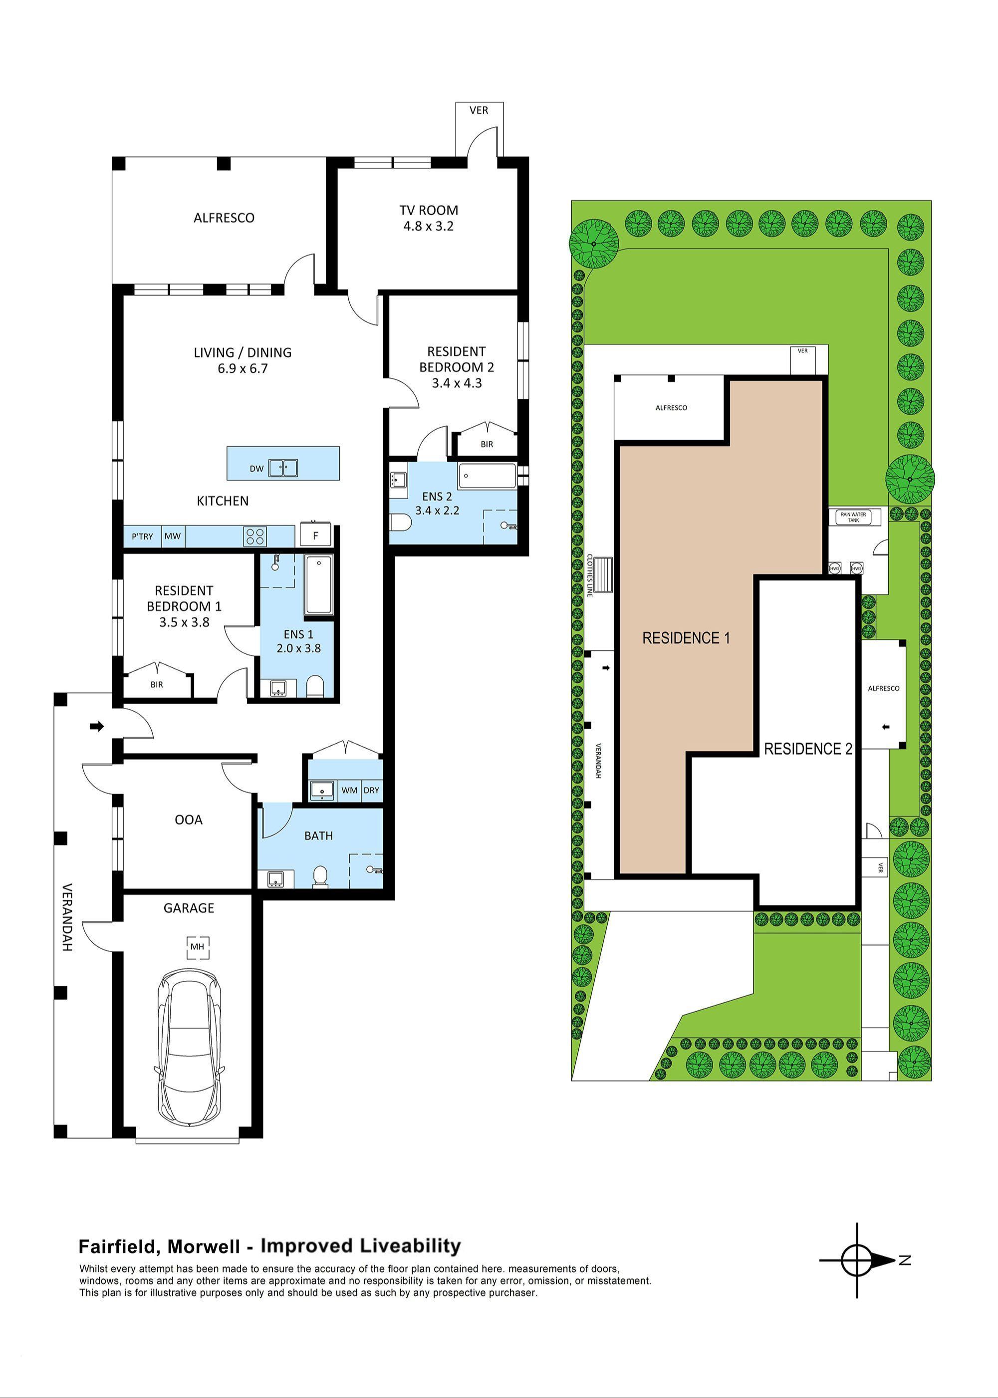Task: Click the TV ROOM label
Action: [428, 210]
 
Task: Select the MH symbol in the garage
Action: [197, 946]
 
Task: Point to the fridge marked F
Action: [315, 535]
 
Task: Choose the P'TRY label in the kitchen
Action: [142, 537]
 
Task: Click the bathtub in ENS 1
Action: [318, 585]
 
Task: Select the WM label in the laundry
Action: [349, 790]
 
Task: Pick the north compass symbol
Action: [857, 1260]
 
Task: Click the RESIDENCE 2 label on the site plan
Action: [807, 749]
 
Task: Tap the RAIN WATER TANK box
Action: [854, 518]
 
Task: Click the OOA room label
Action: [188, 820]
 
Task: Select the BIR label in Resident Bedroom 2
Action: [487, 444]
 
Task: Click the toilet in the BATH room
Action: [319, 877]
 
